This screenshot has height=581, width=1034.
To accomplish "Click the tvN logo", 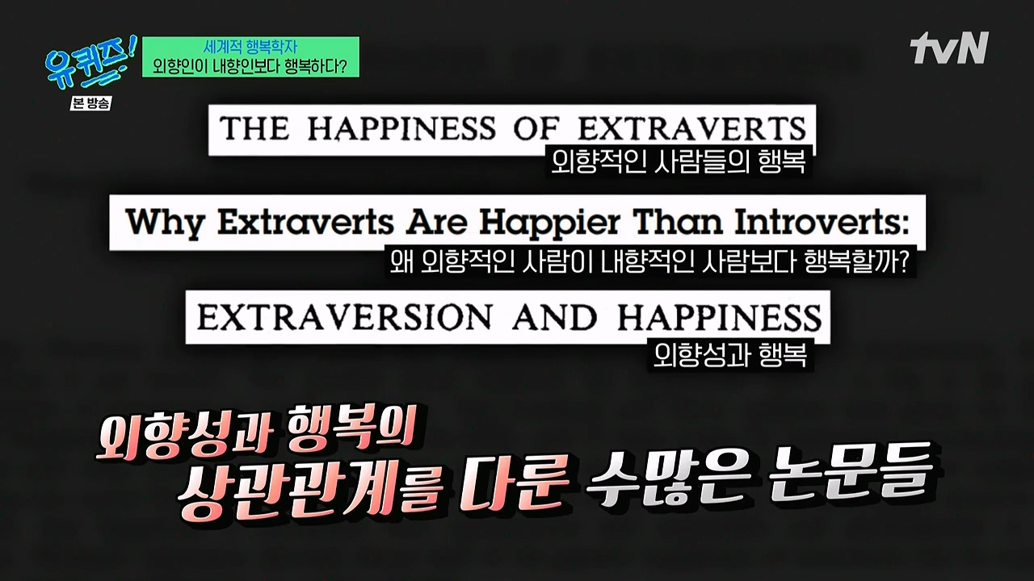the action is tap(948, 48).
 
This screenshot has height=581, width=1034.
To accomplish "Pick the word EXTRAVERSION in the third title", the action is tap(344, 317).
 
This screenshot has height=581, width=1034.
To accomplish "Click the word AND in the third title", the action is tap(554, 317).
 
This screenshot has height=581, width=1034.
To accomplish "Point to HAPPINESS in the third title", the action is tap(719, 317).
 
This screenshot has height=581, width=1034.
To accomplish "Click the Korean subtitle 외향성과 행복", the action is tap(730, 355).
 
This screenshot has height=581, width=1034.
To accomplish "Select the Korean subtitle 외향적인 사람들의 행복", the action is tap(678, 161).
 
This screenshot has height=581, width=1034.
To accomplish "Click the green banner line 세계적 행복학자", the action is tap(250, 47).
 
